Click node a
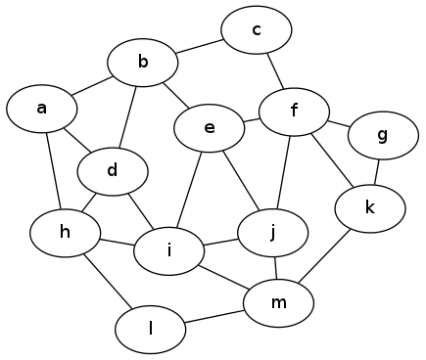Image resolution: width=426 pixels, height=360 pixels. coord(41,108)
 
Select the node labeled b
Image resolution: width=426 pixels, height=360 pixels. coord(143,64)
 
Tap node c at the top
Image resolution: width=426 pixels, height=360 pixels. coord(257,30)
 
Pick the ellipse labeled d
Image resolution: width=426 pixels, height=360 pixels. coord(113,172)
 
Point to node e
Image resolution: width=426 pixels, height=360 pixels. coord(209,128)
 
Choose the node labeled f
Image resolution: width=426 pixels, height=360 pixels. coord(294,110)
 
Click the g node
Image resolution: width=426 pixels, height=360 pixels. coord(382,135)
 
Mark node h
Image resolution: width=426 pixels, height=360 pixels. coord(66,232)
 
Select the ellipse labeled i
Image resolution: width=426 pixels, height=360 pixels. coord(169,251)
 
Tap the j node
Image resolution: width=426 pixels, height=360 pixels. coord(272,232)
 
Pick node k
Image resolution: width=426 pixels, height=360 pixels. coord(370,207)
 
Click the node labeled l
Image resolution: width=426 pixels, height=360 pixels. coord(151,331)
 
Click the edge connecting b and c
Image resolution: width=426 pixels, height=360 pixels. coord(200,47)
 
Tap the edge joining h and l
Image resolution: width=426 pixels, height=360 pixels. coord(107,280)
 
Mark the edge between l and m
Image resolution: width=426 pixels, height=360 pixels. coord(214,317)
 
